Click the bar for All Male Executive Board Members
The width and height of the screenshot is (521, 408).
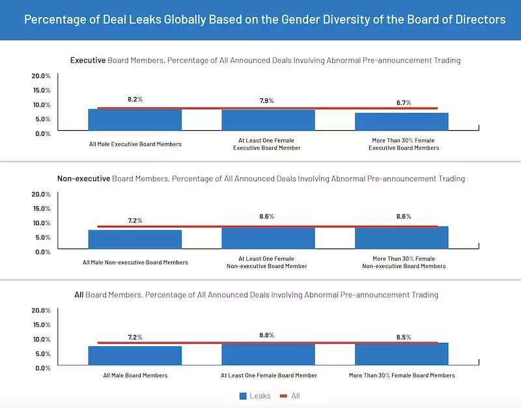(135, 120)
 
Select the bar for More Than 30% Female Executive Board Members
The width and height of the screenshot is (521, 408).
(401, 122)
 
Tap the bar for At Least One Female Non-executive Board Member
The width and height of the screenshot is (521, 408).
(268, 238)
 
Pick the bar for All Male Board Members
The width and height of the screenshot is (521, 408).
(135, 357)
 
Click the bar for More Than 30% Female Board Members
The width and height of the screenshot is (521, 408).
(401, 355)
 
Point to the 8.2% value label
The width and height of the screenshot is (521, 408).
(135, 100)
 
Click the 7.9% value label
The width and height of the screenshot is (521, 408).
(267, 101)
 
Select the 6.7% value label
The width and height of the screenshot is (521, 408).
(404, 103)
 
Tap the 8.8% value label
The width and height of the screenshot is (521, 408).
(267, 335)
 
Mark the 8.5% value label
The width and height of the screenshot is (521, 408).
(404, 337)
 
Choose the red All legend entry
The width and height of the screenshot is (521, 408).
(290, 396)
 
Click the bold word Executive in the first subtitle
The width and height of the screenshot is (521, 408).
(88, 61)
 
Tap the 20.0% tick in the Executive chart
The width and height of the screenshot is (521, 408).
(41, 75)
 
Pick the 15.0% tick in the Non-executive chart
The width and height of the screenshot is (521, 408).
(41, 208)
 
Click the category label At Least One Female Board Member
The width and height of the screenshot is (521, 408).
(269, 375)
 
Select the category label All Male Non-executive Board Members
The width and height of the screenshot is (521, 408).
(135, 262)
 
